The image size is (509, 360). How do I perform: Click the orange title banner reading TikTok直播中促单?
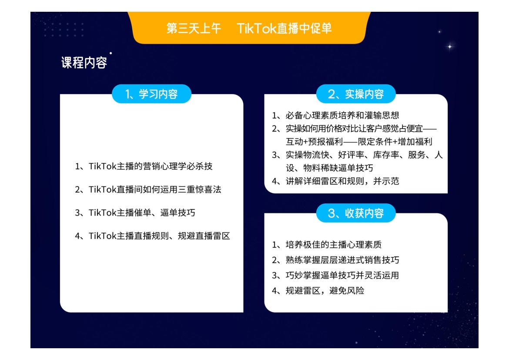[x=249, y=28]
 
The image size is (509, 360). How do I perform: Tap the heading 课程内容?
[x=84, y=62]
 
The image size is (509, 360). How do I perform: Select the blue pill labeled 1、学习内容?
[x=151, y=94]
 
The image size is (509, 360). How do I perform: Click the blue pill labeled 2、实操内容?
[x=356, y=94]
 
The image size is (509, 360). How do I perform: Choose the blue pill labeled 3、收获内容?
[x=356, y=213]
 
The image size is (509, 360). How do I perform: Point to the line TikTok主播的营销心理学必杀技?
[x=151, y=166]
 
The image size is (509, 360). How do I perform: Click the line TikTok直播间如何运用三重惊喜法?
[x=155, y=189]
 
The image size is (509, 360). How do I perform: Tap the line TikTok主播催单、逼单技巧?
[x=142, y=213]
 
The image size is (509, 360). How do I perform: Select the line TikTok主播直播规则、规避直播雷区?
[x=159, y=236]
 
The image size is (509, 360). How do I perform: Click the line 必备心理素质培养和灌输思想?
[x=342, y=115]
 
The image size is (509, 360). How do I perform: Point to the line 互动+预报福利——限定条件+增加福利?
[x=359, y=141]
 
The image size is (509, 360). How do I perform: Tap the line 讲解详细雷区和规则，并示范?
[x=342, y=181]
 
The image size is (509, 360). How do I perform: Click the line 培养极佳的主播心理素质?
[x=333, y=245]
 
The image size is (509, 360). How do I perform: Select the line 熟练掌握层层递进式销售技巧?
[x=342, y=260]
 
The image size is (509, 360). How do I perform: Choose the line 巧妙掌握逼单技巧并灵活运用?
[x=342, y=275]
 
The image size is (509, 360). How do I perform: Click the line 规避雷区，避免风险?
[x=325, y=290]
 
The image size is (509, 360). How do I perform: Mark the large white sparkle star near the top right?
[x=450, y=47]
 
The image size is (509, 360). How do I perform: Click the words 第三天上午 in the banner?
[x=194, y=28]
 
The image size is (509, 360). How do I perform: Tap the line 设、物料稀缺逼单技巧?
[x=329, y=168]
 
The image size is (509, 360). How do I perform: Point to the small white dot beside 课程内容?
[x=111, y=53]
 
